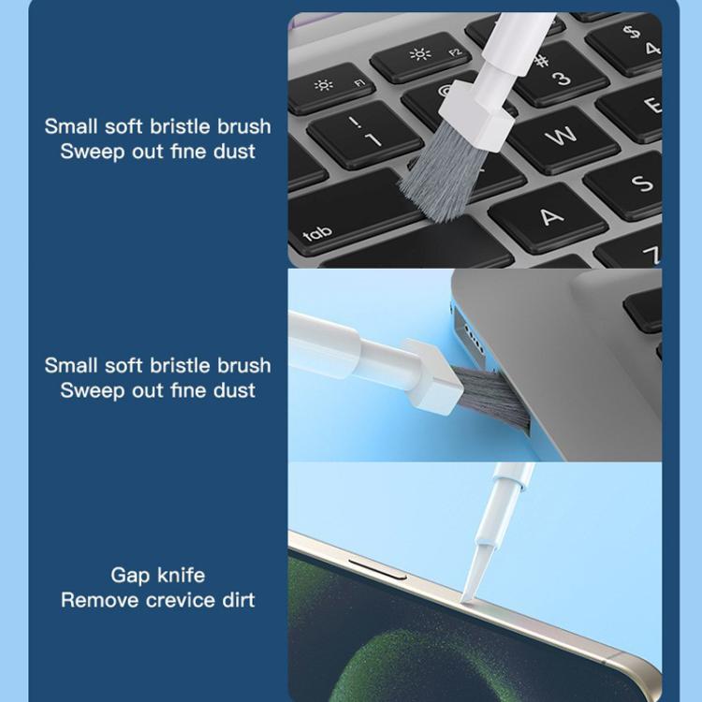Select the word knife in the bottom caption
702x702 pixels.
click(180, 575)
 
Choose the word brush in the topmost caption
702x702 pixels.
click(235, 126)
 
